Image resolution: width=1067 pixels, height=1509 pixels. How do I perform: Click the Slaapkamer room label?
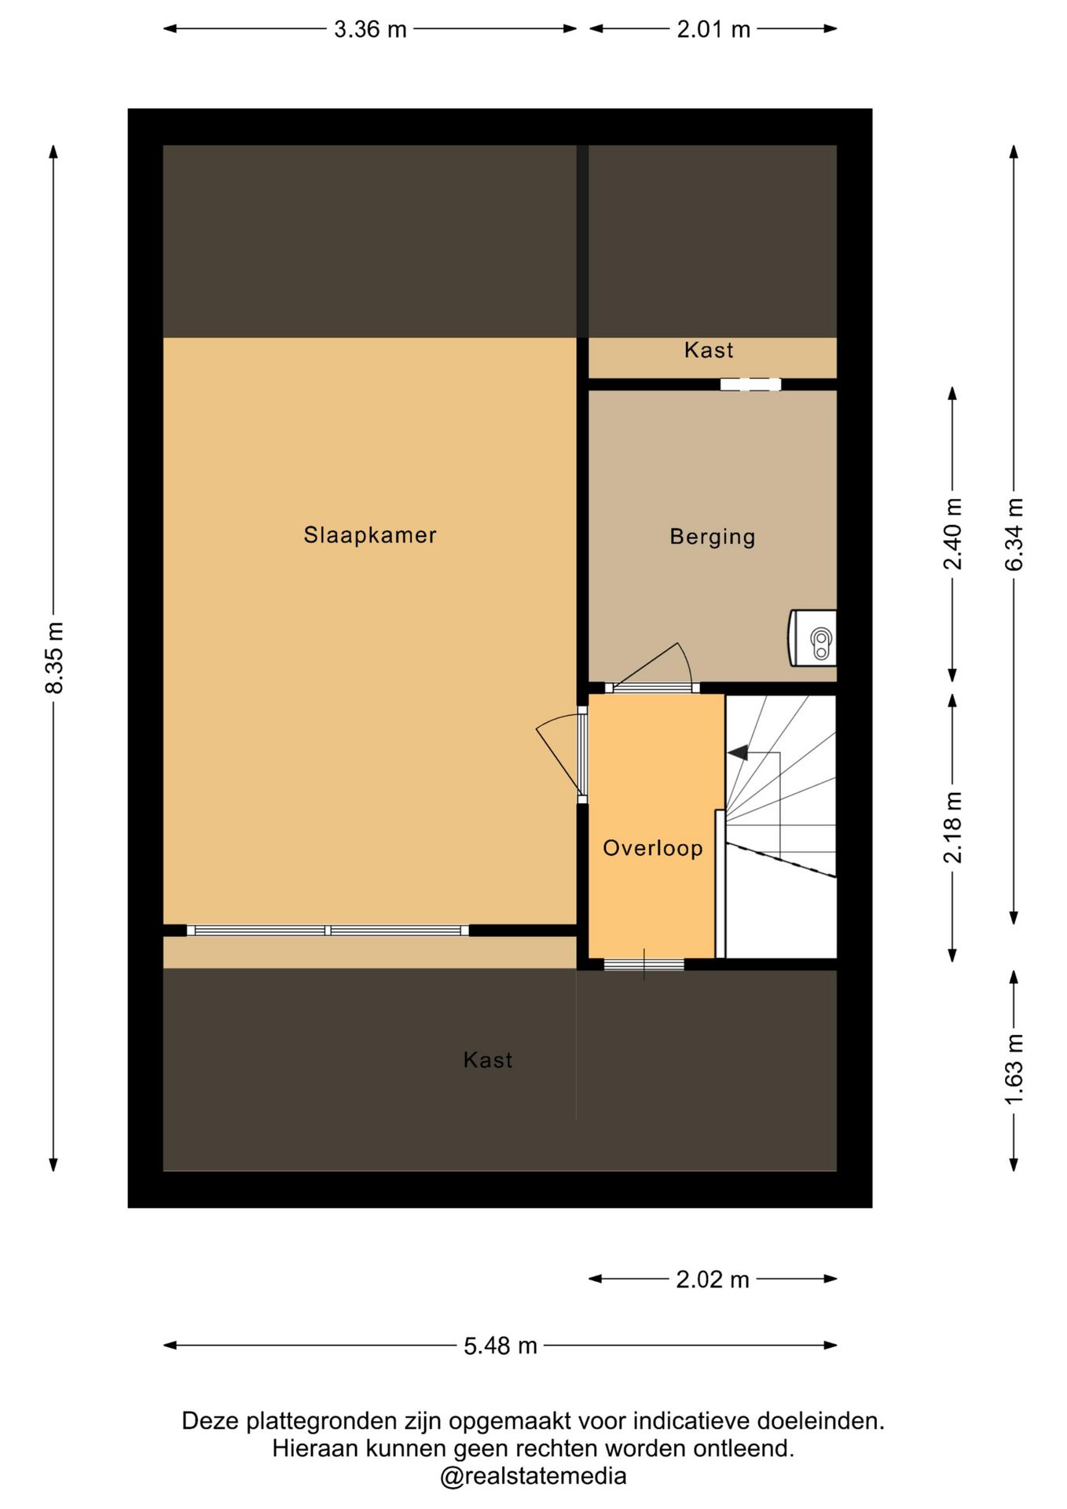tap(369, 535)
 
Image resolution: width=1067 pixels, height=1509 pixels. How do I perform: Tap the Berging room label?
tap(712, 537)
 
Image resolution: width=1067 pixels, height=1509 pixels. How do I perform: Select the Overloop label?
tap(652, 848)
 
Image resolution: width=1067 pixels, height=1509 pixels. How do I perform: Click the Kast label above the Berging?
tap(709, 350)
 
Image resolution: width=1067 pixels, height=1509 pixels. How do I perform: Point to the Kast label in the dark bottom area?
tap(488, 1060)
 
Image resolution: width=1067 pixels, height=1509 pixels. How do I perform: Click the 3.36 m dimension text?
tap(370, 30)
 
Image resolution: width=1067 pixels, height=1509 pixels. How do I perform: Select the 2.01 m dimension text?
tap(713, 30)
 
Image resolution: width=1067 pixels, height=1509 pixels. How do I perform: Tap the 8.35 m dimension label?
tap(54, 658)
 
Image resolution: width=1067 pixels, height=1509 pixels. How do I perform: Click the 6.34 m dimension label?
tap(1014, 534)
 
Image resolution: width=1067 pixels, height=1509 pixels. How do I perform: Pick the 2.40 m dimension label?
tap(953, 534)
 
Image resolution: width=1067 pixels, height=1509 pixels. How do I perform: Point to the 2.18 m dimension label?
tap(953, 827)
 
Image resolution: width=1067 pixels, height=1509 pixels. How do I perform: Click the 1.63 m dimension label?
tap(1014, 1069)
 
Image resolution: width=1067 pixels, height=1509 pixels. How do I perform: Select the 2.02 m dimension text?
tap(713, 1280)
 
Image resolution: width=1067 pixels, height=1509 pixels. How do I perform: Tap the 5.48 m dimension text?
tap(500, 1346)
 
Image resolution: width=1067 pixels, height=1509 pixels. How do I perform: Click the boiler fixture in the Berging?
tap(812, 637)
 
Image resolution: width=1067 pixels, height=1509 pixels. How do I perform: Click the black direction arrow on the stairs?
tap(738, 753)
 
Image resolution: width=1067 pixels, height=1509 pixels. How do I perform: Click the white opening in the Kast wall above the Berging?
tap(750, 384)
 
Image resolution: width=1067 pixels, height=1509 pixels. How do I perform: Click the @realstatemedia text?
tap(533, 1476)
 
